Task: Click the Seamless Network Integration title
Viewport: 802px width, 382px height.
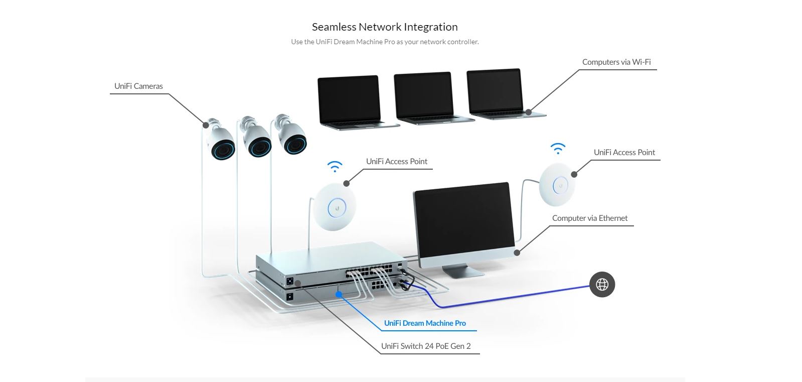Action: tap(385, 27)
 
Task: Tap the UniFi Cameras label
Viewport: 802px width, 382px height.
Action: tap(138, 86)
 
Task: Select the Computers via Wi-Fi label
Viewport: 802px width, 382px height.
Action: tap(616, 62)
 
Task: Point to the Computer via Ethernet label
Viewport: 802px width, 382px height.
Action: tap(589, 218)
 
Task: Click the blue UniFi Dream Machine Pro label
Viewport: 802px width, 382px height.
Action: tap(425, 323)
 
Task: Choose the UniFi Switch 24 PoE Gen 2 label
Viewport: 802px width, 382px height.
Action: tap(426, 346)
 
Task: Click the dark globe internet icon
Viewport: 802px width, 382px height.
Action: tap(602, 285)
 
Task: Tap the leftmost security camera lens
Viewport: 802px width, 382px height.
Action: tap(223, 149)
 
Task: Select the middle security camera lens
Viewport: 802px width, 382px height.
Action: tap(259, 147)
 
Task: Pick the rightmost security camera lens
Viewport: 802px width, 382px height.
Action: tap(294, 144)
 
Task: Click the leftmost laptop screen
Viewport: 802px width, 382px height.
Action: tap(349, 99)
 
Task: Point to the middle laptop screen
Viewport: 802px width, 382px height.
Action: tap(424, 96)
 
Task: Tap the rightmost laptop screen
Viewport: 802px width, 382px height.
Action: tap(495, 91)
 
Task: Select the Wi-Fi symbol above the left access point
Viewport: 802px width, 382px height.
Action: tap(335, 167)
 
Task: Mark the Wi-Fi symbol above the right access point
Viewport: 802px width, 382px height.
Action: tap(558, 148)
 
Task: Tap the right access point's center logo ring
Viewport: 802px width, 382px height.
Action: tap(560, 186)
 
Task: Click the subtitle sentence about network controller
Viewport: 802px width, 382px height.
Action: tap(385, 42)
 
